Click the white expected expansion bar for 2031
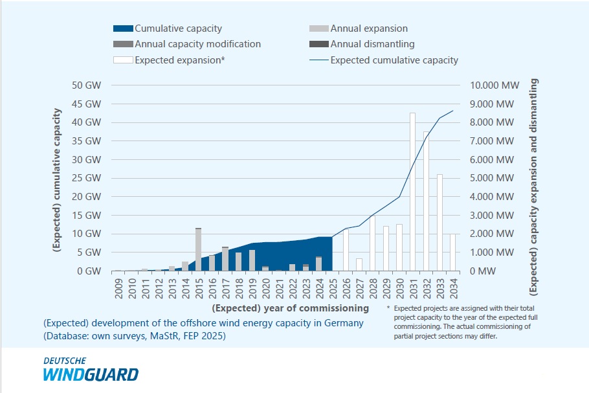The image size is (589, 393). pyautogui.click(x=412, y=192)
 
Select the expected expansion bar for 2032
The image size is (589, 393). pyautogui.click(x=427, y=201)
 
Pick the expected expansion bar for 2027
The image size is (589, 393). pyautogui.click(x=359, y=265)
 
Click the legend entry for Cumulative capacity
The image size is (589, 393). pyautogui.click(x=168, y=28)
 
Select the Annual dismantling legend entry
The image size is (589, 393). pyautogui.click(x=364, y=44)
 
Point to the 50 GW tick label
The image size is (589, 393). pyautogui.click(x=87, y=85)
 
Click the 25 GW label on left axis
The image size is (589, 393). pyautogui.click(x=87, y=178)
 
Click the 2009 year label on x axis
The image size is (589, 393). pyautogui.click(x=119, y=287)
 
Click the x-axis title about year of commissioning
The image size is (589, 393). pyautogui.click(x=291, y=308)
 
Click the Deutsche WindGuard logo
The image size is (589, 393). pyautogui.click(x=91, y=370)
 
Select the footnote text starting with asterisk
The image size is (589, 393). pyautogui.click(x=463, y=322)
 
